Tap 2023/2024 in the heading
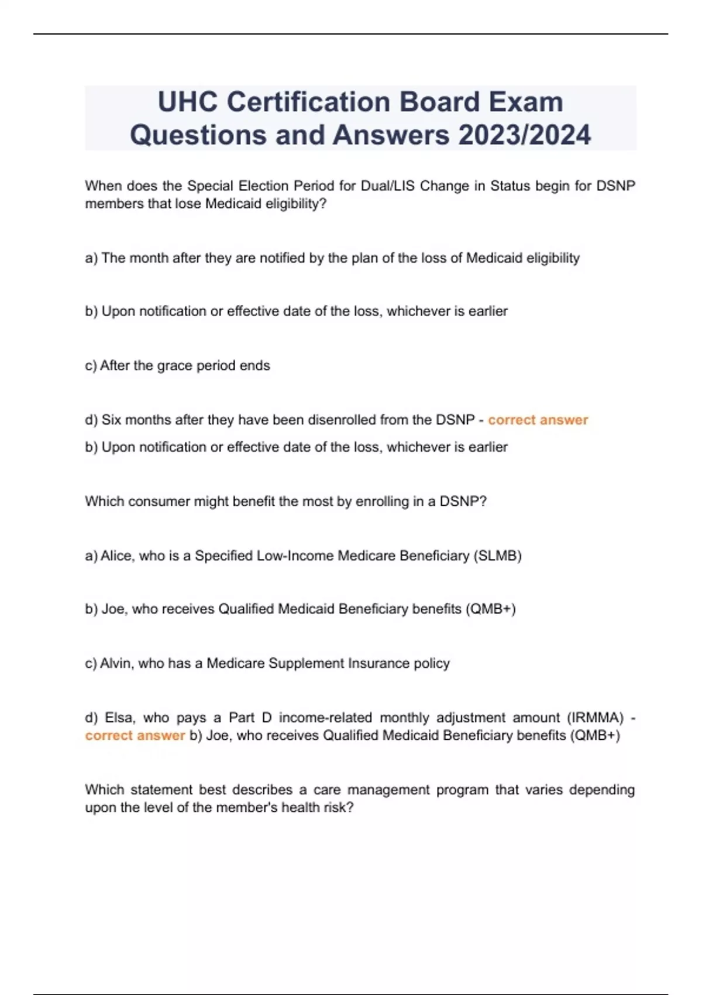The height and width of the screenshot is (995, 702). click(x=525, y=135)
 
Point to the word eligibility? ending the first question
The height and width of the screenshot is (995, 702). click(x=295, y=204)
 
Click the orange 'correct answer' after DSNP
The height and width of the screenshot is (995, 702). click(x=538, y=420)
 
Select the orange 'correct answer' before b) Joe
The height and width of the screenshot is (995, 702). click(x=135, y=735)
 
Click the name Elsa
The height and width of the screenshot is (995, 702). click(x=119, y=718)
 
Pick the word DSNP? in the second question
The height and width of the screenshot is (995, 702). click(x=463, y=502)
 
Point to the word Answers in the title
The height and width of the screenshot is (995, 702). click(x=391, y=135)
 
